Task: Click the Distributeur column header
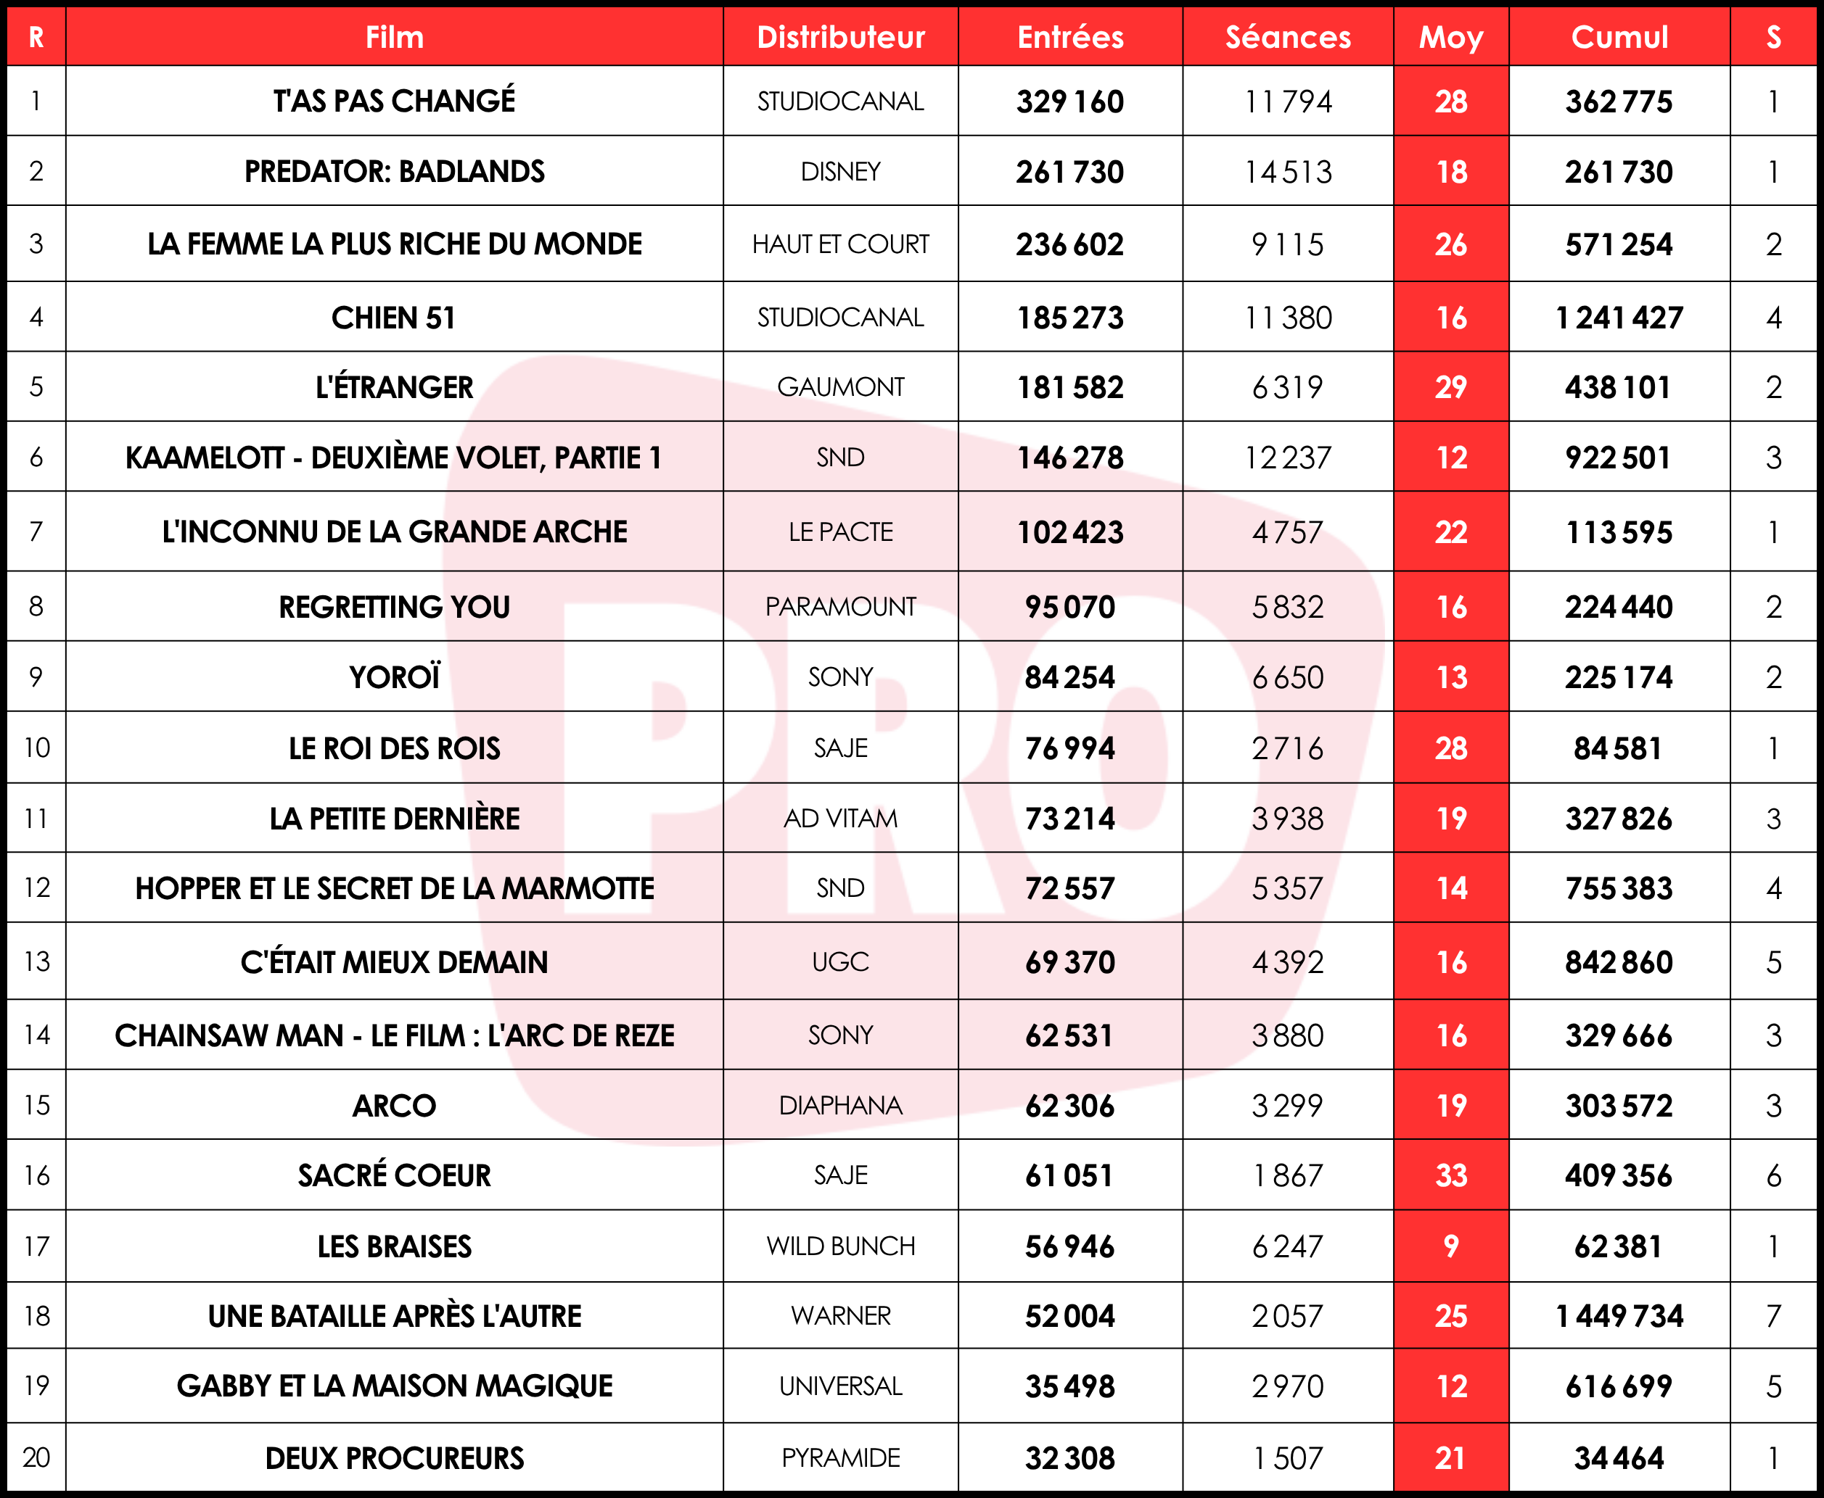click(x=840, y=37)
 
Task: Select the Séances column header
click(x=1287, y=37)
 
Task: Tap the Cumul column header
click(x=1619, y=37)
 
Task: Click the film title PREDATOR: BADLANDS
click(x=395, y=172)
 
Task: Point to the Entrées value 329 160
click(x=1069, y=102)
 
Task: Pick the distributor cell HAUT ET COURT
click(x=840, y=244)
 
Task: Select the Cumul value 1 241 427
click(x=1619, y=318)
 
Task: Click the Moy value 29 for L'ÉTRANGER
click(x=1450, y=387)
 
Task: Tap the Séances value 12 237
click(x=1287, y=458)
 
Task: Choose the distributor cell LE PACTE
click(x=840, y=531)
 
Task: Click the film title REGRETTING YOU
click(x=395, y=607)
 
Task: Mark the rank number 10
click(x=36, y=748)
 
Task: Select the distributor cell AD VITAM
click(x=840, y=818)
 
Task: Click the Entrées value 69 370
click(x=1069, y=962)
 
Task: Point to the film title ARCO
click(x=395, y=1106)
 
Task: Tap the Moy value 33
click(x=1450, y=1175)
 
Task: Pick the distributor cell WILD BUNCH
click(x=840, y=1246)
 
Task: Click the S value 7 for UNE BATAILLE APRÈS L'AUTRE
click(x=1773, y=1316)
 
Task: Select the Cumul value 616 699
click(x=1619, y=1386)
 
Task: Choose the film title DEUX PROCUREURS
click(x=395, y=1458)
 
